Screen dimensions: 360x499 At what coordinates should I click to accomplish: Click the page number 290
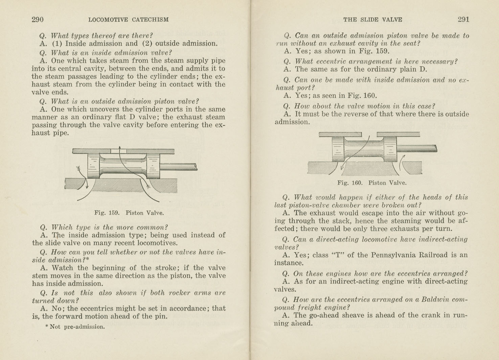(x=38, y=20)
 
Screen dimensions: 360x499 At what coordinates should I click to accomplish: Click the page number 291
(x=463, y=20)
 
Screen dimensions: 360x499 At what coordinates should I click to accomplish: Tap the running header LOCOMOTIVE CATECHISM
(x=128, y=20)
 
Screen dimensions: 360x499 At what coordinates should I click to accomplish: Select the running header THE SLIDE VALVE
(x=372, y=20)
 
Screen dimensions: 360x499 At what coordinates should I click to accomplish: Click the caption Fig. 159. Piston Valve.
(x=129, y=213)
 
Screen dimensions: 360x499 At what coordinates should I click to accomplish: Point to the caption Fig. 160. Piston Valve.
(x=372, y=183)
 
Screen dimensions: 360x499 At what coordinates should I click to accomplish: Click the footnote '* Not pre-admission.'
(x=75, y=327)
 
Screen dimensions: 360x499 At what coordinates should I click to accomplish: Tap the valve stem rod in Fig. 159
(x=178, y=167)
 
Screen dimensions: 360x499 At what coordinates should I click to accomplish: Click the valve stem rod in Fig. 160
(x=416, y=148)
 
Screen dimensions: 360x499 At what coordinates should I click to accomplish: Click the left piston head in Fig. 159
(x=93, y=166)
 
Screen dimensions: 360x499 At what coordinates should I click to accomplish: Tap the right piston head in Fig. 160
(x=390, y=149)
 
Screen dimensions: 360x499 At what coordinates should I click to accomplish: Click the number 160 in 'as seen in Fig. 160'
(x=370, y=96)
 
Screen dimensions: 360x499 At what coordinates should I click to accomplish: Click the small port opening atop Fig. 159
(x=118, y=151)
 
